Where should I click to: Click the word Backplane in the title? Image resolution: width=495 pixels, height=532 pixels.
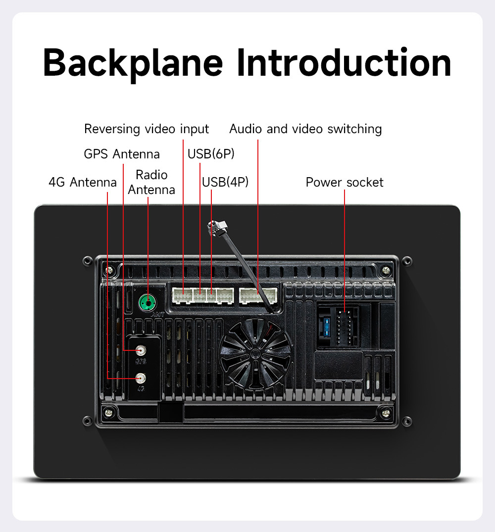133,63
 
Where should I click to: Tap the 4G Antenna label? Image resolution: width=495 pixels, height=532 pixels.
82,182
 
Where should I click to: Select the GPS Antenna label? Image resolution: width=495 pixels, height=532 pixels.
122,154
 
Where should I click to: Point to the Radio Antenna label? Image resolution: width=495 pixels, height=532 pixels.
151,182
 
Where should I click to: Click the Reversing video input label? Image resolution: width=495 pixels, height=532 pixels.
147,129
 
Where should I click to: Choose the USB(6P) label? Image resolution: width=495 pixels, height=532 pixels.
211,154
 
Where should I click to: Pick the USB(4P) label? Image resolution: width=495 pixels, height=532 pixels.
225,182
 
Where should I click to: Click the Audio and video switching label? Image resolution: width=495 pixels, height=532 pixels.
305,129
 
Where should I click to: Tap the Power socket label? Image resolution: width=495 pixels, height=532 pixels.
345,182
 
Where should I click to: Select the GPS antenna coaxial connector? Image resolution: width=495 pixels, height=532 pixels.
142,350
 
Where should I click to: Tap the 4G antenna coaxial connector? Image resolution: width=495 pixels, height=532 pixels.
142,379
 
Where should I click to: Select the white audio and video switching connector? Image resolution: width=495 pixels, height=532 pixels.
257,295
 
